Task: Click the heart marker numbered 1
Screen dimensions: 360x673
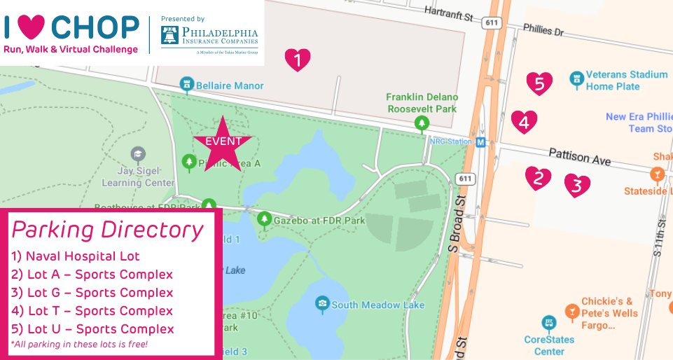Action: tap(298, 60)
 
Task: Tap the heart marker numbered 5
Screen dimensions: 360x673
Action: tap(539, 84)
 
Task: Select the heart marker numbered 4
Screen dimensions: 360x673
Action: tap(524, 123)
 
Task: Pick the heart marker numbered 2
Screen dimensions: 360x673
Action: tap(538, 178)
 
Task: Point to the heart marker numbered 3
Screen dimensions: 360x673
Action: tap(577, 186)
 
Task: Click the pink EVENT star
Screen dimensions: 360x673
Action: tap(223, 143)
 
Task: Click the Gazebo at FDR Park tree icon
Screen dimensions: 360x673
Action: tap(264, 220)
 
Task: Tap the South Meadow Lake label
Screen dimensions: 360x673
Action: tap(376, 305)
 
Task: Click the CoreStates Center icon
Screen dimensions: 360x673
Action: tap(549, 323)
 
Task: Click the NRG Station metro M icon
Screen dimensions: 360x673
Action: tap(481, 142)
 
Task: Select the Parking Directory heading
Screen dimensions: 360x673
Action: tap(108, 230)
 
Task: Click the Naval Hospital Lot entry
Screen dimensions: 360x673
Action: tap(76, 256)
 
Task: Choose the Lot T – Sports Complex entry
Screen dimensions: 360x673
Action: tap(92, 311)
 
